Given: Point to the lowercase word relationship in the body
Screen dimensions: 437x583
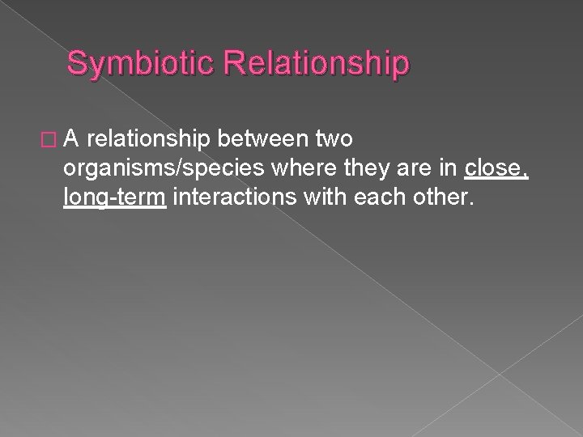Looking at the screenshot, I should pyautogui.click(x=151, y=139).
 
